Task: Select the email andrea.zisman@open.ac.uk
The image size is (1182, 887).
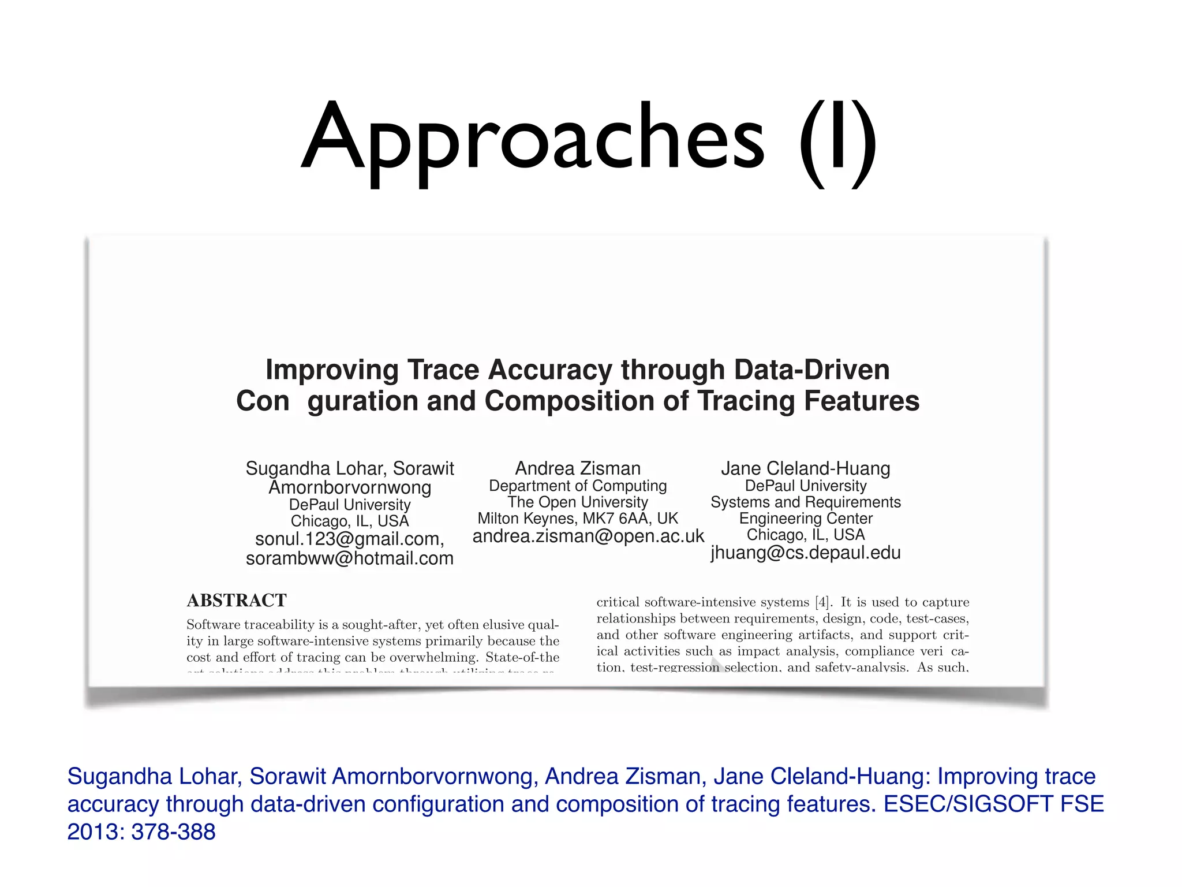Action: pyautogui.click(x=588, y=536)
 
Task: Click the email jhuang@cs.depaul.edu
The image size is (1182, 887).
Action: pyautogui.click(x=805, y=553)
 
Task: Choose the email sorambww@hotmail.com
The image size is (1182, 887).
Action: pyautogui.click(x=350, y=558)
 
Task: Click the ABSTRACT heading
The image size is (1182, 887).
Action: pyautogui.click(x=237, y=601)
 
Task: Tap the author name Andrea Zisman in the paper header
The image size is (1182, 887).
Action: pyautogui.click(x=578, y=468)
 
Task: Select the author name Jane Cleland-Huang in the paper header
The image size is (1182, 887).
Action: pyautogui.click(x=805, y=468)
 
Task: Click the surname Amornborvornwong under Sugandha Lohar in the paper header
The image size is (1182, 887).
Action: pyautogui.click(x=350, y=487)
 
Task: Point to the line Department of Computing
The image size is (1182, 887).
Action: pyautogui.click(x=578, y=486)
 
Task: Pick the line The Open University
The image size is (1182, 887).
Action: pyautogui.click(x=578, y=502)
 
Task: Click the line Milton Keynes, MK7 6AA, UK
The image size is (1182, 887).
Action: pyautogui.click(x=578, y=518)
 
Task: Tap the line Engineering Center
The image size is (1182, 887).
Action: pyautogui.click(x=805, y=518)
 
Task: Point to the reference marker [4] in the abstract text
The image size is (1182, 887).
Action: pyautogui.click(x=822, y=602)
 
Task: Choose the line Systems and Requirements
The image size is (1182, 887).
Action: pyautogui.click(x=805, y=502)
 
